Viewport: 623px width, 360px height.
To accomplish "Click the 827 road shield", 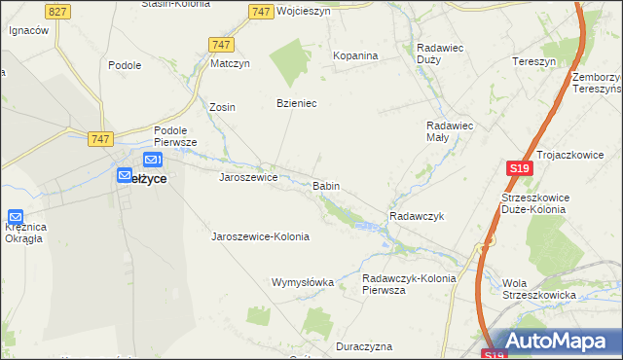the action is click(57, 11).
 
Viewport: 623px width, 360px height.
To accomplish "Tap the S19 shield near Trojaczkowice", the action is click(519, 168).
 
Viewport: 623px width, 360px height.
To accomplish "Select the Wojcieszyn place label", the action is click(304, 11).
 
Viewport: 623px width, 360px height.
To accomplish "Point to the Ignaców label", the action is click(28, 30).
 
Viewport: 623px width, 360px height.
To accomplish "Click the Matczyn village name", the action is click(231, 64).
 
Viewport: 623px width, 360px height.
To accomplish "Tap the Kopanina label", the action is click(355, 55).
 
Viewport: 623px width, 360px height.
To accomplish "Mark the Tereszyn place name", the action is click(534, 60).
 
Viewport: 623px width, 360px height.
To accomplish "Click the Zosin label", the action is click(223, 107).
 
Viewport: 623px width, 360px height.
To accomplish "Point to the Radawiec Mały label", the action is click(450, 131).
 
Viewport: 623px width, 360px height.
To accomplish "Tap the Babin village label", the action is click(326, 185).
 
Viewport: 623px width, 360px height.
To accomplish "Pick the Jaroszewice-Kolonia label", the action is click(260, 236).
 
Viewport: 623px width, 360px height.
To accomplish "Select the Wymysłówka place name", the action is click(302, 282).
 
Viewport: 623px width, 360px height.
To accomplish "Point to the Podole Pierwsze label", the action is click(175, 135).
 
